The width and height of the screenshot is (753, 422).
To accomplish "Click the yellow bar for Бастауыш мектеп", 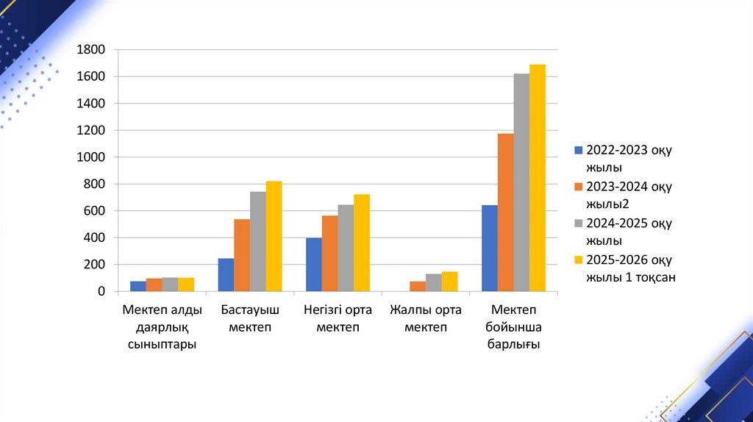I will tap(274, 236).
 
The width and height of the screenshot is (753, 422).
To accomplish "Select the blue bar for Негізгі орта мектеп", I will tap(314, 265).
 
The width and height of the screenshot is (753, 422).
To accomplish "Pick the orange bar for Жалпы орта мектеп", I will tap(418, 287).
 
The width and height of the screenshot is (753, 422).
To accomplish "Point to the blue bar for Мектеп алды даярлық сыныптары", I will tap(138, 286).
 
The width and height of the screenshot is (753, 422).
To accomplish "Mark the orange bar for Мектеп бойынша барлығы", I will tap(505, 212).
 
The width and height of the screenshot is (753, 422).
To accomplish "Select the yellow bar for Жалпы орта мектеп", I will tap(449, 282).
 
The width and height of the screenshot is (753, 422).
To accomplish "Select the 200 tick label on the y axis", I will tap(96, 265).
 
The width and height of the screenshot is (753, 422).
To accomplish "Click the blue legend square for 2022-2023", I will tap(579, 151).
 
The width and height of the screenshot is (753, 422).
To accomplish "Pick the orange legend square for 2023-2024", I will tap(579, 187).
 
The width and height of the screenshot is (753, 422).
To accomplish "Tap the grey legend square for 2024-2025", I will tap(579, 223).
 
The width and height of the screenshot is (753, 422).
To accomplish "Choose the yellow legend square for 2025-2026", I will tap(579, 260).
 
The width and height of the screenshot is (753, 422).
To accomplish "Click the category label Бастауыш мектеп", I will tap(250, 318).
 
